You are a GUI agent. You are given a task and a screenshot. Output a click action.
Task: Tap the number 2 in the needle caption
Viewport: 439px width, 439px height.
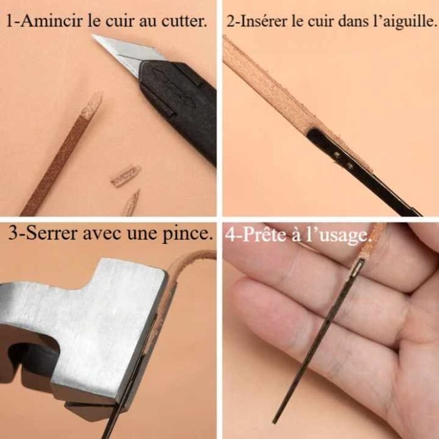point(231,20)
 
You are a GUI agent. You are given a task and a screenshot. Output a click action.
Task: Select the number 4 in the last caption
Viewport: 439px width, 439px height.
point(230,235)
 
